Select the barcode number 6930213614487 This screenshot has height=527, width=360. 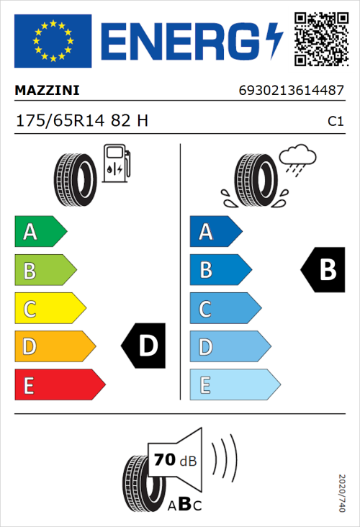tap(292, 91)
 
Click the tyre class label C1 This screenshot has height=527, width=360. tap(335, 122)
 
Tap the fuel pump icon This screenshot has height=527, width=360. tap(116, 163)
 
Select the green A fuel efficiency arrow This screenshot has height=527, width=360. tap(40, 232)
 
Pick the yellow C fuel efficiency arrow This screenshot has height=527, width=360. tap(49, 309)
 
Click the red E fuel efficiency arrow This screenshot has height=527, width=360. tap(58, 385)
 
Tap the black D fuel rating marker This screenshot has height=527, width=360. tap(145, 346)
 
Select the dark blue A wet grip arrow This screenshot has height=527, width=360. tap(215, 232)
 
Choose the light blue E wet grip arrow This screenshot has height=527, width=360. tap(233, 385)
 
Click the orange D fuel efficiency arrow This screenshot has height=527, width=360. tap(54, 347)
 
